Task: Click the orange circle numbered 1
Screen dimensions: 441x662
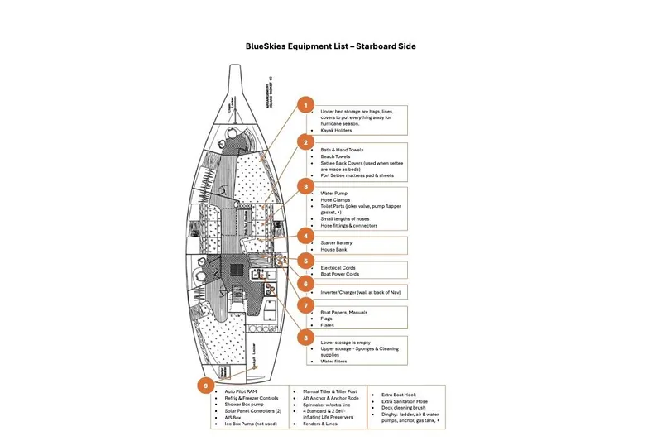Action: (x=306, y=105)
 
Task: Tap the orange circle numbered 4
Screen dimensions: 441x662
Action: (x=306, y=235)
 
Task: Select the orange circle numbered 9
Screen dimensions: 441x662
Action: (x=204, y=384)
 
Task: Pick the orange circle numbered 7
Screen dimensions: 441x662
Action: (x=306, y=304)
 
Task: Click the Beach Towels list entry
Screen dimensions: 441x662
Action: (x=335, y=156)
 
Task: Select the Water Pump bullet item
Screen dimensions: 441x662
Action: (x=334, y=193)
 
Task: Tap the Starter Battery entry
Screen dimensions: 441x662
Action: (x=338, y=242)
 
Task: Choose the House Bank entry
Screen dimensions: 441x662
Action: (x=334, y=249)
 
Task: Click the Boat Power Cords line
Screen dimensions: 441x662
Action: (x=340, y=274)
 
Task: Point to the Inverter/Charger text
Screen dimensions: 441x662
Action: (x=339, y=293)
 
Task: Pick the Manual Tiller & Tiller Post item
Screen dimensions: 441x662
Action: (x=332, y=391)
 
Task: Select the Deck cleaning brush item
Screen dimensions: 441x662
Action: (x=405, y=408)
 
